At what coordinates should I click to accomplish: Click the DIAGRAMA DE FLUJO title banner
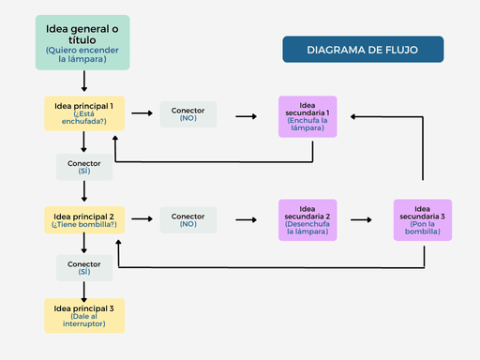pyautogui.click(x=362, y=50)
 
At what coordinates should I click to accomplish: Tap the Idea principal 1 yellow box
pyautogui.click(x=84, y=113)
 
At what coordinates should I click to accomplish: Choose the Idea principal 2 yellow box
pyautogui.click(x=84, y=219)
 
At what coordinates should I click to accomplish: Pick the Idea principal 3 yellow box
pyautogui.click(x=84, y=315)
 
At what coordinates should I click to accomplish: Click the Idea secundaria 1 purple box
pyautogui.click(x=308, y=116)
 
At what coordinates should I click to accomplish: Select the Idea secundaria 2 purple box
pyautogui.click(x=308, y=220)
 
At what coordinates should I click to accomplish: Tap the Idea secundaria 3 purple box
pyautogui.click(x=423, y=220)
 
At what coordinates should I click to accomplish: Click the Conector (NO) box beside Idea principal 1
pyautogui.click(x=188, y=114)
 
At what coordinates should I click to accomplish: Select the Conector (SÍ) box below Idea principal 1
pyautogui.click(x=84, y=167)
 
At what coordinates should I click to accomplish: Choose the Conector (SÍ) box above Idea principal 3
pyautogui.click(x=84, y=267)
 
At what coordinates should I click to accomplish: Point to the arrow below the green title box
pyautogui.click(x=84, y=83)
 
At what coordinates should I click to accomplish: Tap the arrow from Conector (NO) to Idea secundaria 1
pyautogui.click(x=247, y=116)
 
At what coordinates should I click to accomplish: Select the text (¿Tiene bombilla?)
pyautogui.click(x=84, y=225)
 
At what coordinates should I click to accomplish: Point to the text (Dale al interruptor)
pyautogui.click(x=84, y=321)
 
